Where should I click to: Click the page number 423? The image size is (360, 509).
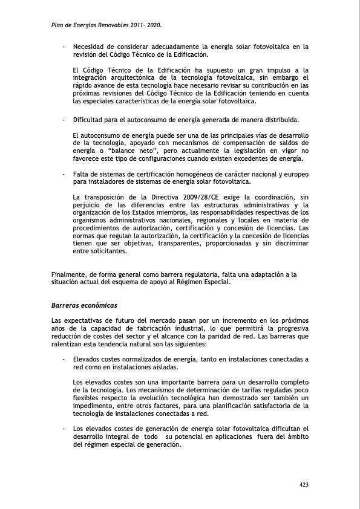point(304,484)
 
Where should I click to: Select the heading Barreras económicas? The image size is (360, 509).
point(84,305)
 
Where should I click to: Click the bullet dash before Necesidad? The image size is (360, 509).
point(63,46)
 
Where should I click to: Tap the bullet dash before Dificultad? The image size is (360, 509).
point(63,120)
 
